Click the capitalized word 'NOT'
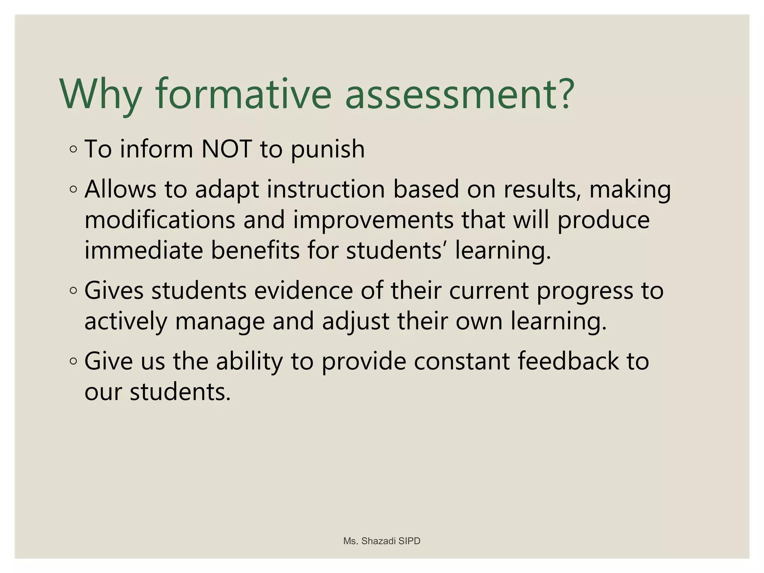click(226, 149)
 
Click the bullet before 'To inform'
click(73, 150)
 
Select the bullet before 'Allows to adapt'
click(73, 190)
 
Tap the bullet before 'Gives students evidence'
click(73, 290)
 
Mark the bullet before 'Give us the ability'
click(73, 361)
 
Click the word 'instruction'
click(326, 189)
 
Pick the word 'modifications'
click(160, 220)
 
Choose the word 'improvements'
click(373, 220)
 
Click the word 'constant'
click(461, 361)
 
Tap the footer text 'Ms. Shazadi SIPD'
click(382, 541)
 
